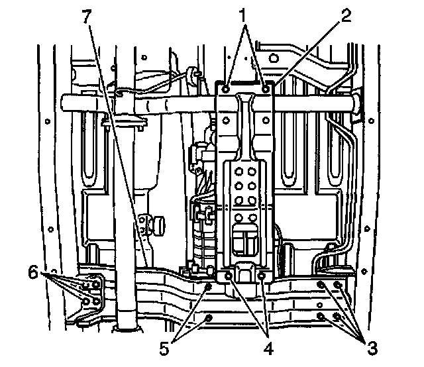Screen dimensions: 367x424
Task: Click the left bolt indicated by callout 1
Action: (x=226, y=88)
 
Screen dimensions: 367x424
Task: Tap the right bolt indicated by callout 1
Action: (x=265, y=88)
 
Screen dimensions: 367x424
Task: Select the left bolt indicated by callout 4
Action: (x=229, y=276)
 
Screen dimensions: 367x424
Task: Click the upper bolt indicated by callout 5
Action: (x=209, y=286)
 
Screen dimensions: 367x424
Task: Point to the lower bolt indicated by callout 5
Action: (x=210, y=318)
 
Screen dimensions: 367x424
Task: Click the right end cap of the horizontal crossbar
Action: (x=358, y=103)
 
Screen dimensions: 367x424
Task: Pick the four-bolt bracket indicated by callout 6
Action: (x=91, y=292)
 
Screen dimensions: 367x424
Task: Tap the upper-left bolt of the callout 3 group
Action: (x=322, y=285)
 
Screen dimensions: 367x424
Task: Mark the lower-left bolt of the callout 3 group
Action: (x=322, y=317)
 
